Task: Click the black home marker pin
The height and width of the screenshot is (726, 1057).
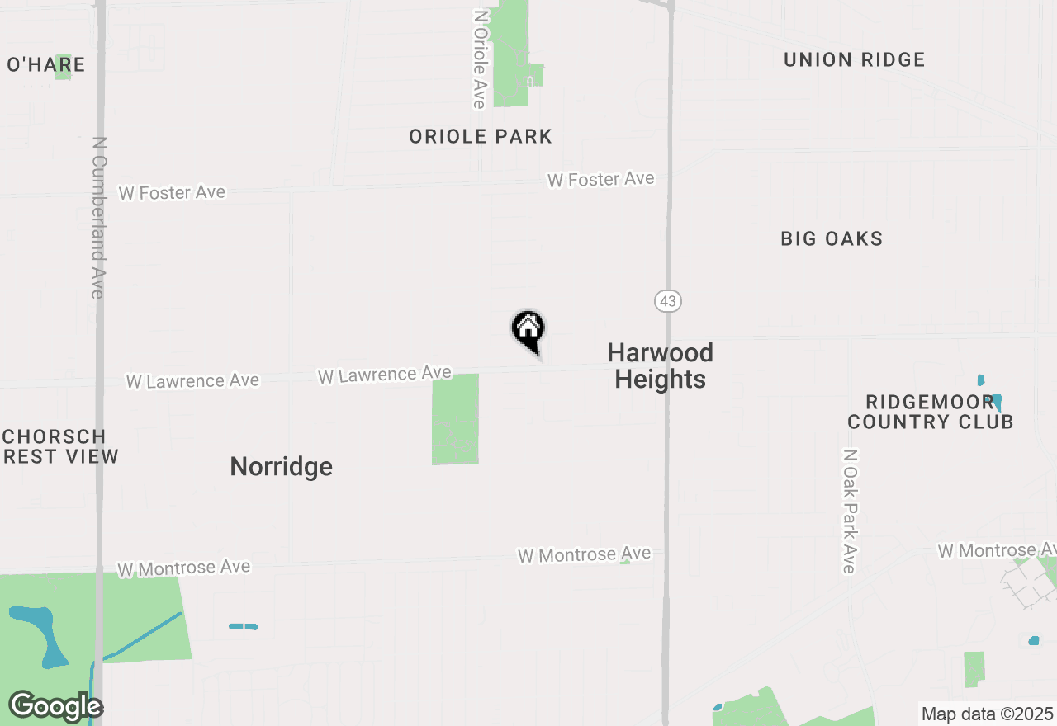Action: pyautogui.click(x=528, y=330)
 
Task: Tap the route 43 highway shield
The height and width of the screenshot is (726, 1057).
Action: pyautogui.click(x=668, y=301)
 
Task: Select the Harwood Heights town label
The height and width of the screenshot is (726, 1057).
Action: pyautogui.click(x=660, y=365)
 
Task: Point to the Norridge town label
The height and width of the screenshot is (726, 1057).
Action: pyautogui.click(x=281, y=467)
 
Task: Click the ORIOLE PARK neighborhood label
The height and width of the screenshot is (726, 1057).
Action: pyautogui.click(x=481, y=136)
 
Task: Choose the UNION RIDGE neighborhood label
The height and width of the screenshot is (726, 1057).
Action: pyautogui.click(x=854, y=59)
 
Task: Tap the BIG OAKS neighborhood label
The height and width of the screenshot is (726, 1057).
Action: pyautogui.click(x=832, y=238)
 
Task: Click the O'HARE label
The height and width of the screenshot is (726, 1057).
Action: pyautogui.click(x=45, y=64)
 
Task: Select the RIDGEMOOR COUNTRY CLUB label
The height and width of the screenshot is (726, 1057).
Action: pyautogui.click(x=930, y=412)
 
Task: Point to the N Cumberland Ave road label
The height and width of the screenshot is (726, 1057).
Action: pyautogui.click(x=98, y=218)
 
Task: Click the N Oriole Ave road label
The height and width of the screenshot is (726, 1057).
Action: pyautogui.click(x=479, y=59)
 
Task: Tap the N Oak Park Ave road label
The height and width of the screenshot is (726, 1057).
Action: pyautogui.click(x=849, y=511)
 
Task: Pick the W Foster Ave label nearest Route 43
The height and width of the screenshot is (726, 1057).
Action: pyautogui.click(x=600, y=179)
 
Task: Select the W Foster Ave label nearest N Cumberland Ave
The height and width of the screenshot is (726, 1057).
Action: pyautogui.click(x=172, y=192)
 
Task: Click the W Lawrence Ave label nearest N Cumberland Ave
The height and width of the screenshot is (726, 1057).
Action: pyautogui.click(x=192, y=381)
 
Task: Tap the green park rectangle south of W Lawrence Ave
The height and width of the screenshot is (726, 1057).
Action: pyautogui.click(x=455, y=419)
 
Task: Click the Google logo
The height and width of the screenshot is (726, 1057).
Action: pyautogui.click(x=55, y=706)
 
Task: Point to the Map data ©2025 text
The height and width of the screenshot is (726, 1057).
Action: pyautogui.click(x=988, y=714)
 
